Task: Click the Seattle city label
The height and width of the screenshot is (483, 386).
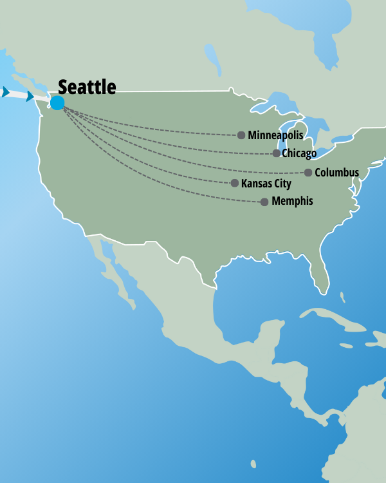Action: (x=87, y=87)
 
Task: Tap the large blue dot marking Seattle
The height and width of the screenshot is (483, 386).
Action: (x=57, y=103)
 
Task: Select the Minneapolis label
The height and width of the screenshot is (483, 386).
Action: (x=275, y=135)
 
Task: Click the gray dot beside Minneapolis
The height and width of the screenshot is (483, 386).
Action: (x=241, y=135)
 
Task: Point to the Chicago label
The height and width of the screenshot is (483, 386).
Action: (x=299, y=153)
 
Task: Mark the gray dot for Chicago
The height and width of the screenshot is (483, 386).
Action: (x=277, y=153)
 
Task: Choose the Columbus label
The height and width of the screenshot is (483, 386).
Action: (x=336, y=173)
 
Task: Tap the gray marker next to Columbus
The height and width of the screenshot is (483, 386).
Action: (x=309, y=173)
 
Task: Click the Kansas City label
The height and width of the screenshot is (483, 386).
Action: (x=266, y=184)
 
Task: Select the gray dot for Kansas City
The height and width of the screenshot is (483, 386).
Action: (x=235, y=184)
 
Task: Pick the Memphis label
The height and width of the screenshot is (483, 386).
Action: (x=292, y=202)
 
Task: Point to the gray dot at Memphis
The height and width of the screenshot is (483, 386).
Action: (x=264, y=202)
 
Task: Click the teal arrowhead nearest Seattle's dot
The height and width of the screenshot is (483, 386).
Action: (x=30, y=96)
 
